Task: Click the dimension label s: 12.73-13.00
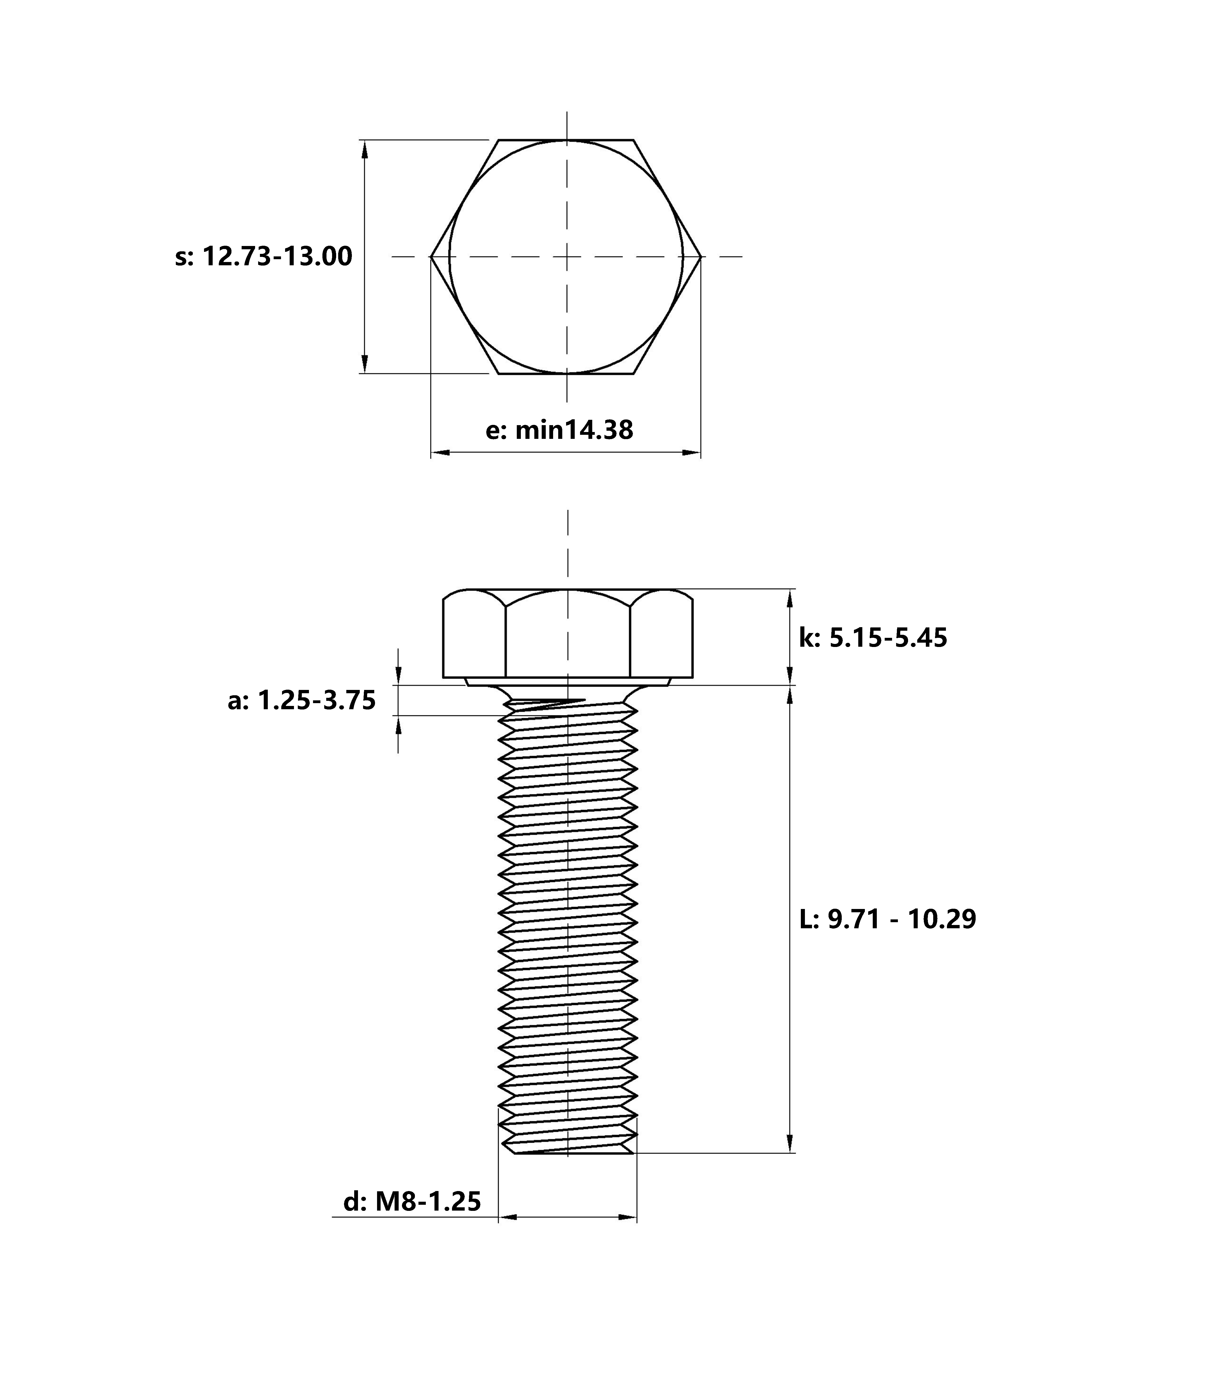263,257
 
